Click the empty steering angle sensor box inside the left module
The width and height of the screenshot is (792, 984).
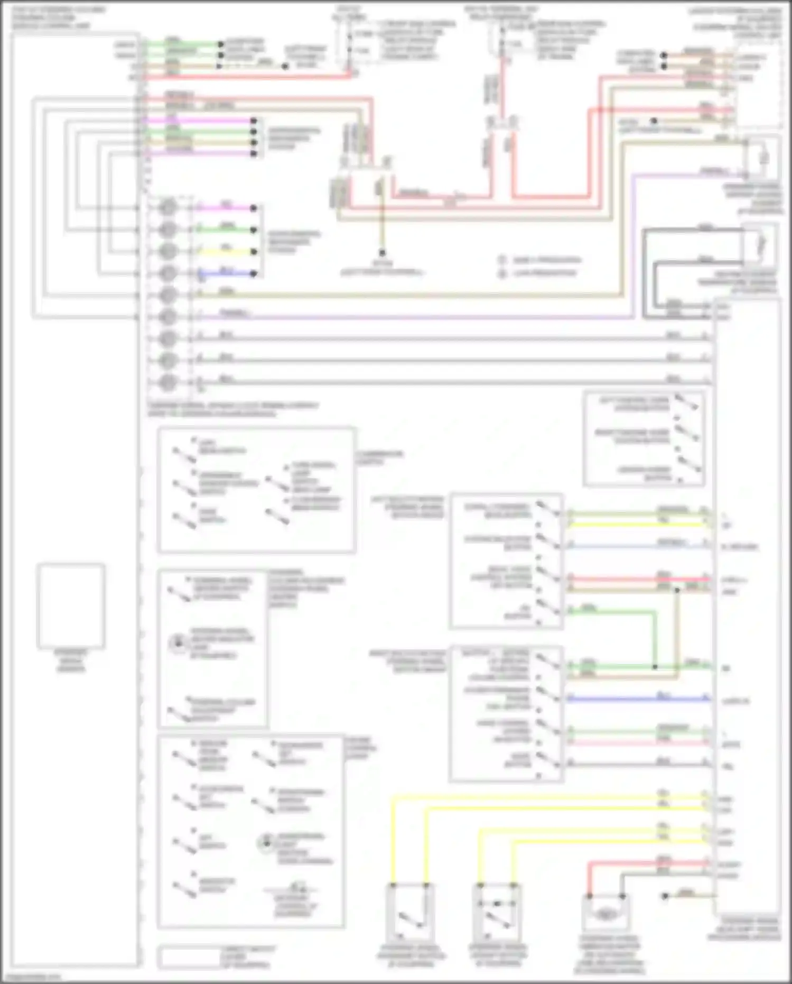tap(71, 606)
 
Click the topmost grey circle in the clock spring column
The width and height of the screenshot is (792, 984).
tap(167, 207)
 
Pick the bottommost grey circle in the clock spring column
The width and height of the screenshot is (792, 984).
tap(167, 382)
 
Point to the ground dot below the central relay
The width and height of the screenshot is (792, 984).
tap(382, 253)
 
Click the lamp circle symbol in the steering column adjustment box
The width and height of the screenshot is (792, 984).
tap(178, 643)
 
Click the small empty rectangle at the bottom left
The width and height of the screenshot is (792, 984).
tap(189, 957)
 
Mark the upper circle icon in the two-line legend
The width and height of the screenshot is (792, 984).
tap(502, 260)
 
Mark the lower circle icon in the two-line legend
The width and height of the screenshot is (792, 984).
tap(502, 273)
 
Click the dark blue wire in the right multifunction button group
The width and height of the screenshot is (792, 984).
tap(634, 699)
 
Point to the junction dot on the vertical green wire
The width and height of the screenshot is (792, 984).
tap(655, 667)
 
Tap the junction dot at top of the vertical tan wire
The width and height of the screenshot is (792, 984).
tap(677, 589)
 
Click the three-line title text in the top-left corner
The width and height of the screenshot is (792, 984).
tap(52, 17)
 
